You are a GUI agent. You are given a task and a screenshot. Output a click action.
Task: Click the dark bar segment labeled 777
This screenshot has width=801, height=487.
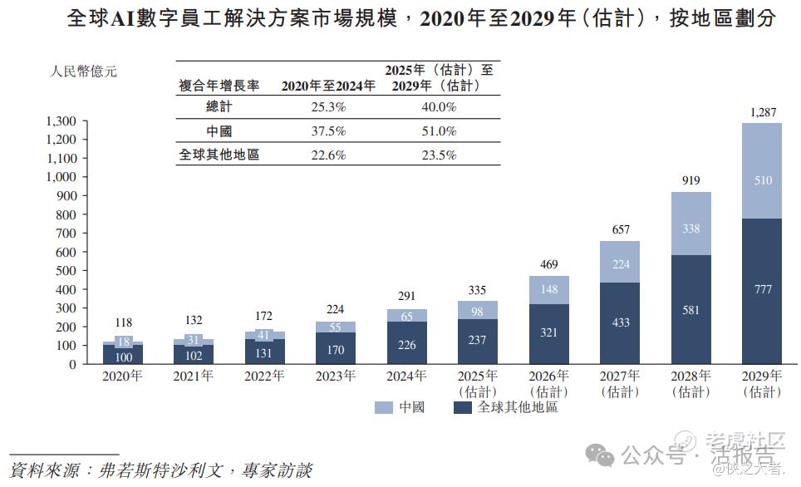coord(762,290)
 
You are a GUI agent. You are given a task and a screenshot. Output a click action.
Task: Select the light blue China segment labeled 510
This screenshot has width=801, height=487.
coord(762,180)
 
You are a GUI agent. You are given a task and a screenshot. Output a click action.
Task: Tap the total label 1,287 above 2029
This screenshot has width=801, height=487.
coord(762,112)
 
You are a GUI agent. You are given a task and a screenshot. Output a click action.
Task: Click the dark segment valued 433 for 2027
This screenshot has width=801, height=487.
coord(620,322)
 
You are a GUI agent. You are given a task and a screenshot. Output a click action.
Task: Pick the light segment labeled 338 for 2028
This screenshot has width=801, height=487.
coord(691,229)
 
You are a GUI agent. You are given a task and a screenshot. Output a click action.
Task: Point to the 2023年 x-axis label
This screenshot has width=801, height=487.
coord(336,376)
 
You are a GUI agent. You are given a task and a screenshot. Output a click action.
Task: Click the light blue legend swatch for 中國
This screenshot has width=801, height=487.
coord(383,408)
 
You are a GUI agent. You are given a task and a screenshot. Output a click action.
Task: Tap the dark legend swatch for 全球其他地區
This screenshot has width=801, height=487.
coord(462,408)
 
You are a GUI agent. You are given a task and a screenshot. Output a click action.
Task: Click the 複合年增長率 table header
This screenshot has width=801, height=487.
coord(219,85)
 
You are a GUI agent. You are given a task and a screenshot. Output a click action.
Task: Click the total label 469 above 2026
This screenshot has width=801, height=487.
coord(549,265)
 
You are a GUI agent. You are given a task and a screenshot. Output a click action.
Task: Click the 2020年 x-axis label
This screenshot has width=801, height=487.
coord(122,376)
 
